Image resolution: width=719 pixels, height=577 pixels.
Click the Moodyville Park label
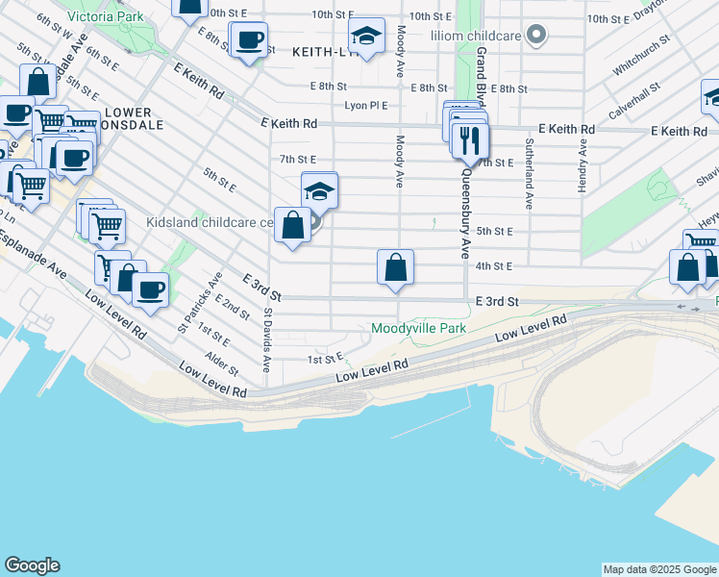pos(418,329)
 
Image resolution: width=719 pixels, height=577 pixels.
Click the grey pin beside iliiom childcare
pos(537,37)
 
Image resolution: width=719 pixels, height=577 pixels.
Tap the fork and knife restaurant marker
pos(470,139)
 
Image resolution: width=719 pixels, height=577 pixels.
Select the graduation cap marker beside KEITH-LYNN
pos(365,37)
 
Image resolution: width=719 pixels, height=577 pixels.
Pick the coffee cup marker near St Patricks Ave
pos(149,288)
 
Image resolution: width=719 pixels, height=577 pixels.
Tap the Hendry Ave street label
pos(582,164)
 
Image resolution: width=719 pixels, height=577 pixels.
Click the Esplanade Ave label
pos(34,257)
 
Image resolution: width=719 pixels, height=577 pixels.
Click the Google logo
pos(32,565)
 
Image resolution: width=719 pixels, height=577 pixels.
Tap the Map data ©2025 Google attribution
pos(659,569)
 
